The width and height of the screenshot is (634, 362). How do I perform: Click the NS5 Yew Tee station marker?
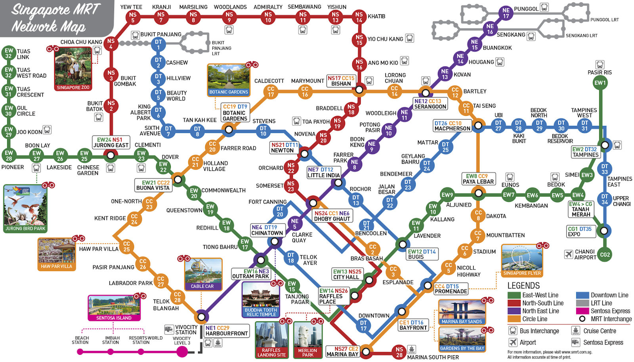tap(133, 17)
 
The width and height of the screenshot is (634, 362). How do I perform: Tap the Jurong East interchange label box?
tap(111, 142)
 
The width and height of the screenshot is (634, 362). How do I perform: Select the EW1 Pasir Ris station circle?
tap(600, 83)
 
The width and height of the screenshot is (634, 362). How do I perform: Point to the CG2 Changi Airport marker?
tap(605, 254)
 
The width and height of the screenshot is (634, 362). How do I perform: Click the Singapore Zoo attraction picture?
tap(73, 69)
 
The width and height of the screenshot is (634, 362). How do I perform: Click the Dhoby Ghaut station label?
tap(332, 216)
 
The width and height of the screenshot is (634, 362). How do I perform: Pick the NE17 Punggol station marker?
tap(506, 13)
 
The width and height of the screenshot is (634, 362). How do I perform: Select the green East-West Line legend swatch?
tap(514, 295)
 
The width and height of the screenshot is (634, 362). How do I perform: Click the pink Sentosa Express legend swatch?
tap(582, 311)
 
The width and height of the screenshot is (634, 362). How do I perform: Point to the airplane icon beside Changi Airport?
tap(569, 254)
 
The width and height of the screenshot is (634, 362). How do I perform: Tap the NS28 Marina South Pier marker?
tap(399, 352)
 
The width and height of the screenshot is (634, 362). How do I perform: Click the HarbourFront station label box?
tap(226, 331)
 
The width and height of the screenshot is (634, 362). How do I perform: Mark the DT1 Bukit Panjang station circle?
tap(158, 44)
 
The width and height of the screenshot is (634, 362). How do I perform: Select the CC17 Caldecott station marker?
tap(271, 91)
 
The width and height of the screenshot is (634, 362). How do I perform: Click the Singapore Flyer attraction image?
tap(521, 260)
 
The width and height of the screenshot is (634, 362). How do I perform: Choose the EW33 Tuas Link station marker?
tap(8, 53)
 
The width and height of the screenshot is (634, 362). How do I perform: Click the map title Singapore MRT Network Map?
tap(55, 17)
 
